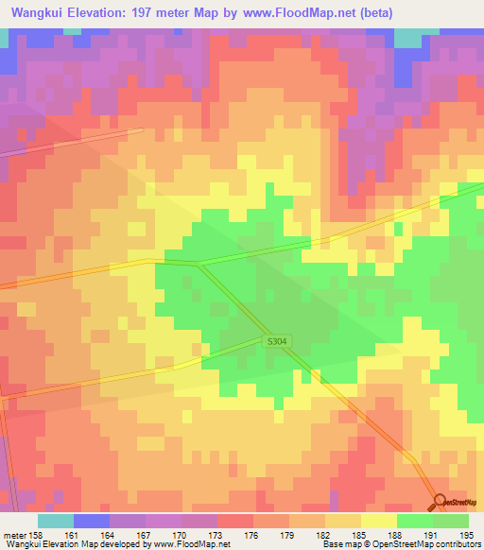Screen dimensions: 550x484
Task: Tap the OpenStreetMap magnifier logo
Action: pyautogui.click(x=439, y=503)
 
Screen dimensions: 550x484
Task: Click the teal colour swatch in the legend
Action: pyautogui.click(x=55, y=521)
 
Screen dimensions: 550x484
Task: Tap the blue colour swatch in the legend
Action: pyautogui.click(x=92, y=521)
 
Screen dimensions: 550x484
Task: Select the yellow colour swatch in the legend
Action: pyautogui.click(x=378, y=521)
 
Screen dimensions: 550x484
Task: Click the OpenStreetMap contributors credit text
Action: pyautogui.click(x=434, y=544)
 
